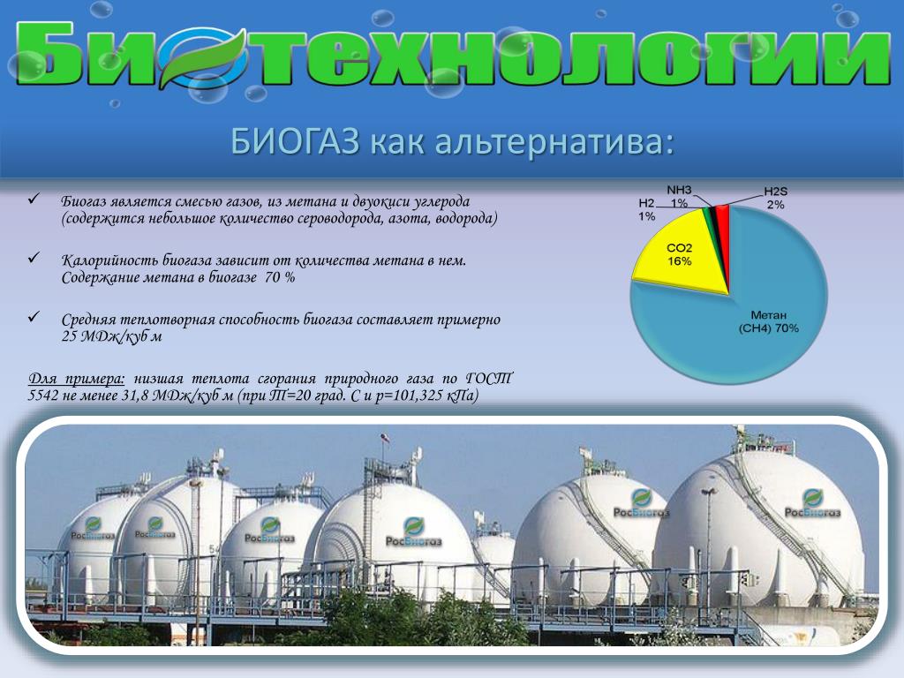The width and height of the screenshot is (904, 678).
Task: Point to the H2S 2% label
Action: click(775, 198)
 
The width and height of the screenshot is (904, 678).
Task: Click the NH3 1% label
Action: click(679, 196)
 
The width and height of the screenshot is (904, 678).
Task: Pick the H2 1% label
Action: click(646, 210)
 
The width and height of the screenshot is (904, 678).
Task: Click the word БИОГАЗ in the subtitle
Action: click(295, 140)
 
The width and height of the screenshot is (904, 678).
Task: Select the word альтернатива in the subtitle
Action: click(554, 141)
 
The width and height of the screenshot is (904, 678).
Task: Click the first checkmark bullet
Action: click(34, 200)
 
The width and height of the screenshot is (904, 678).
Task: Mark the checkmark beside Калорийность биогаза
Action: click(34, 258)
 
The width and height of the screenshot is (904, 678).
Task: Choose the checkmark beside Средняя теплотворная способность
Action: click(34, 317)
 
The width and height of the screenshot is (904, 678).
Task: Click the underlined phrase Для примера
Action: click(76, 379)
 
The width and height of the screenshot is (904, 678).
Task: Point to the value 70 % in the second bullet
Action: click(280, 277)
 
